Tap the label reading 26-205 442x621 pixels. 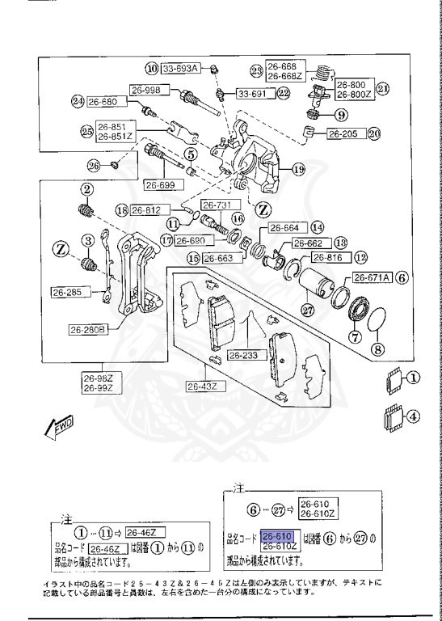click(343, 133)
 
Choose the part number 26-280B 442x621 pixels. click(89, 329)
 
